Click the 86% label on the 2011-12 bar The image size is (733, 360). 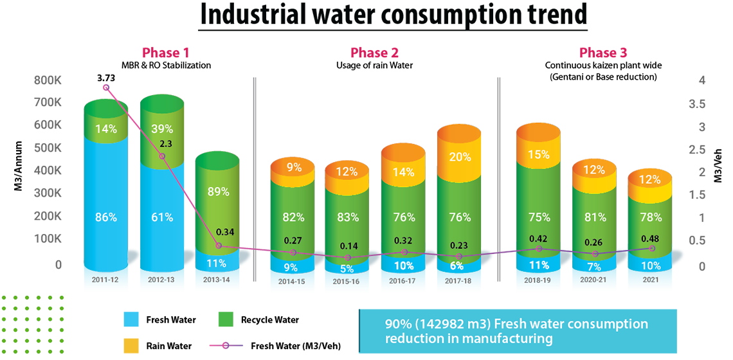[x=107, y=217]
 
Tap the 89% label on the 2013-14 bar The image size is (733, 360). [x=219, y=192]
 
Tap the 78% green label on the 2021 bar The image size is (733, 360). [x=651, y=217]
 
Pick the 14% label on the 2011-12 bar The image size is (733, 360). [x=107, y=129]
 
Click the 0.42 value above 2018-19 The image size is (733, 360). [x=539, y=238]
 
